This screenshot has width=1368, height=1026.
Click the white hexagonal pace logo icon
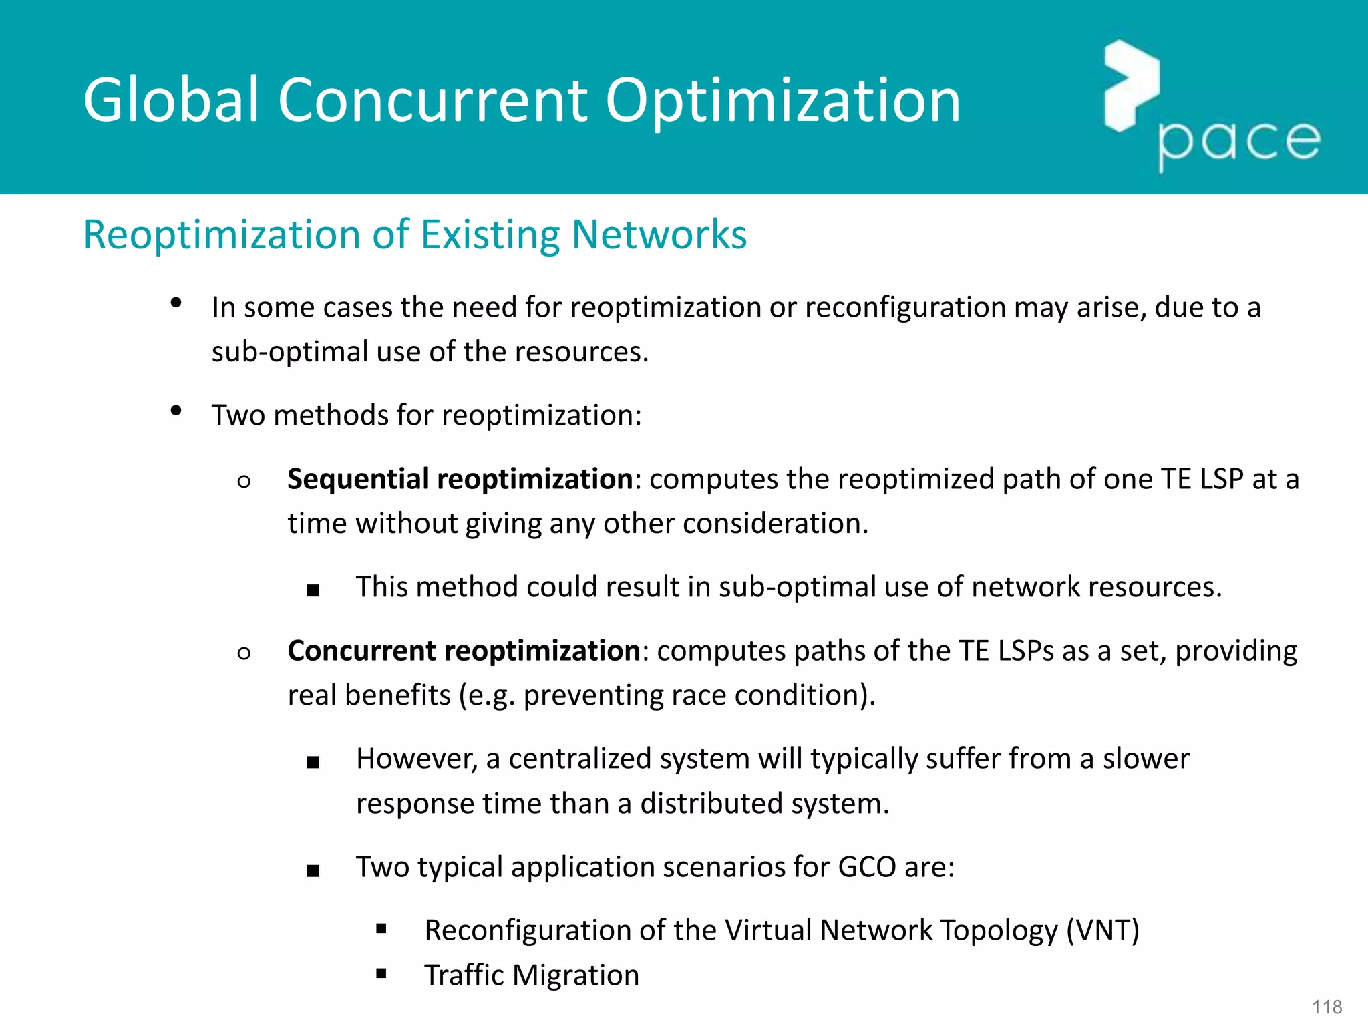(x=1131, y=85)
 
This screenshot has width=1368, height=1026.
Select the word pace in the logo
(x=1238, y=142)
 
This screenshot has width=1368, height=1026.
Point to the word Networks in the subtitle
(x=659, y=235)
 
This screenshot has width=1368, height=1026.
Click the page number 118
(x=1327, y=1007)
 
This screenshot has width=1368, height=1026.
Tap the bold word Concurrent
(x=361, y=651)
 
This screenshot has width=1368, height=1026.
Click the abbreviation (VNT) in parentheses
(x=1102, y=930)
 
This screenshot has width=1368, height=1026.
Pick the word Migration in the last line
(x=576, y=975)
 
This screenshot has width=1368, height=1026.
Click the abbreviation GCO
(x=866, y=867)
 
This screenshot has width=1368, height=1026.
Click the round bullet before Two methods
(x=176, y=410)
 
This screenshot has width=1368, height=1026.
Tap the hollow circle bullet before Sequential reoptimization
(x=244, y=481)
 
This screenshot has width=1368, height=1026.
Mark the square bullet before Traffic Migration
(x=381, y=973)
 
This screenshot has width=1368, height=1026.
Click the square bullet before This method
(x=313, y=590)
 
